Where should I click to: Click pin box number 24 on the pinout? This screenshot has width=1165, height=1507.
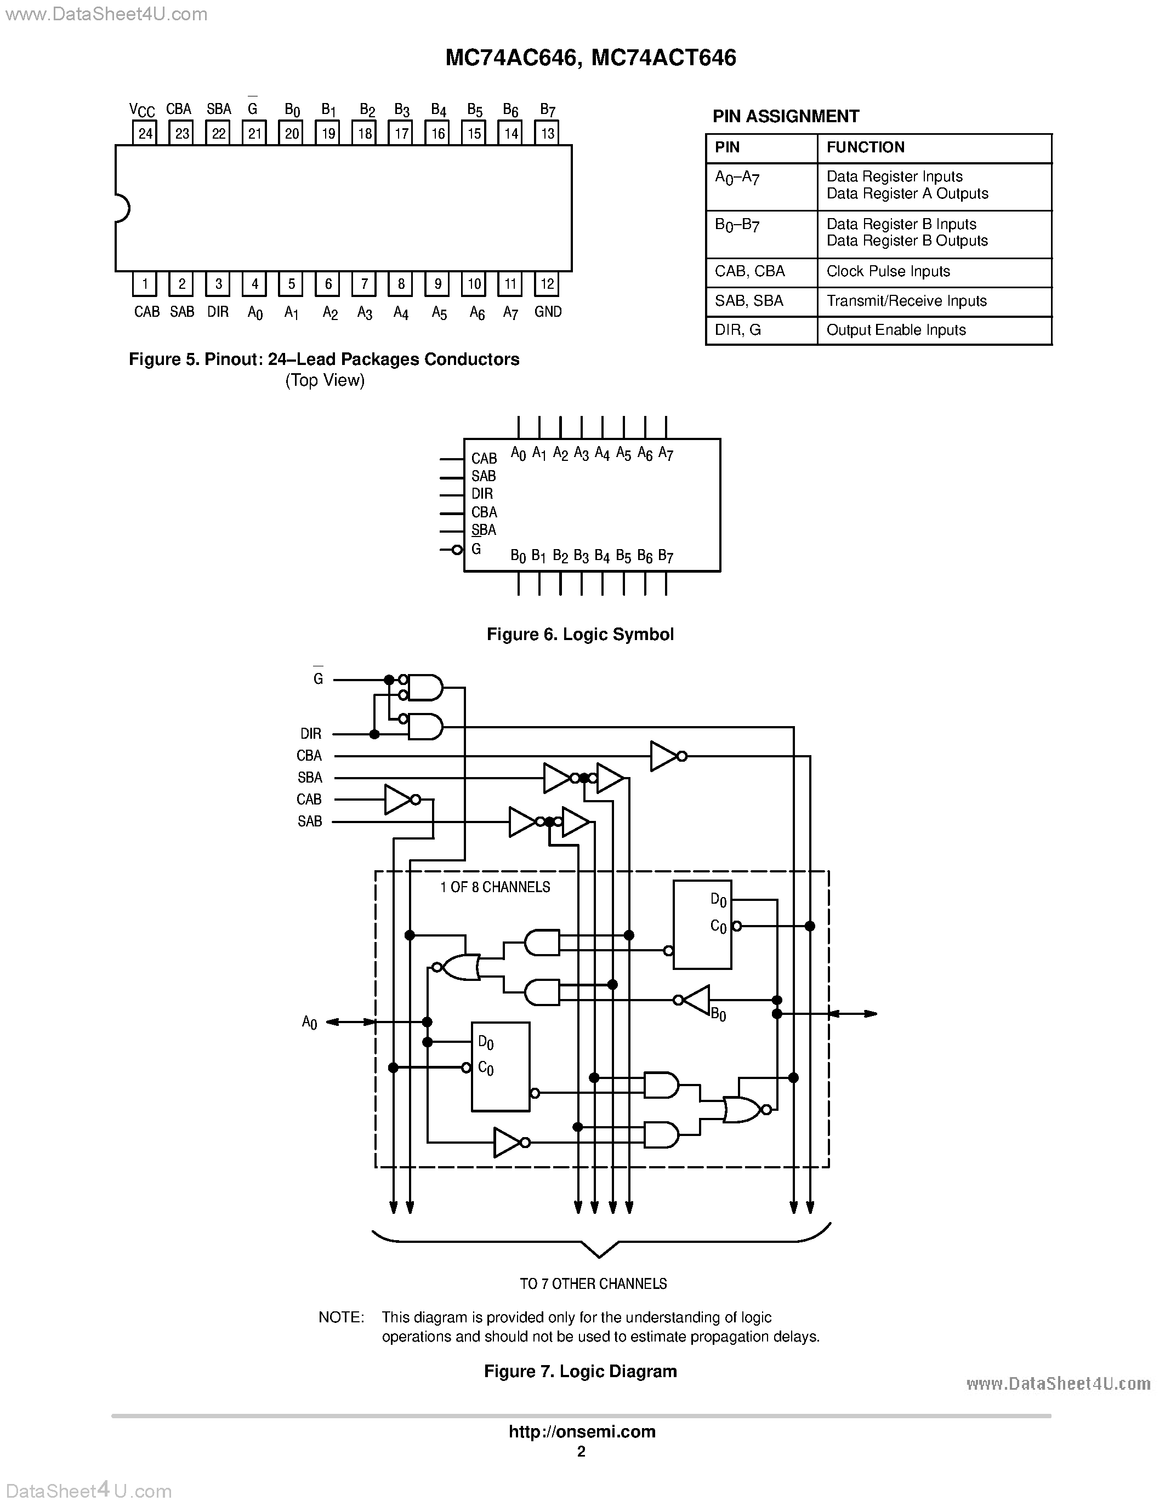(x=145, y=133)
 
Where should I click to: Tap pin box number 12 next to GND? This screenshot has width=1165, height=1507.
(x=547, y=284)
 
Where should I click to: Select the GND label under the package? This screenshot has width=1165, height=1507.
(x=548, y=312)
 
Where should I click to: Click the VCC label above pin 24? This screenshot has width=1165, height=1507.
(x=142, y=110)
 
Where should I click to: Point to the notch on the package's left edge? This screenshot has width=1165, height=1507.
(x=122, y=208)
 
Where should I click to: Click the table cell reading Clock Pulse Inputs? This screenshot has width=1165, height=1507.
(x=888, y=272)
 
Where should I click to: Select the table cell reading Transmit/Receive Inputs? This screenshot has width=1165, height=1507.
(x=906, y=301)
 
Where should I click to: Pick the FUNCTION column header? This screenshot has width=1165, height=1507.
(x=866, y=147)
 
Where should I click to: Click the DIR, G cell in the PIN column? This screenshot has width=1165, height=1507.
(x=738, y=330)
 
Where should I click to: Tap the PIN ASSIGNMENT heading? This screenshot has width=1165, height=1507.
(x=786, y=117)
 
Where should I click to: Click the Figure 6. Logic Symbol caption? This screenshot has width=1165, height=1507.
(x=579, y=634)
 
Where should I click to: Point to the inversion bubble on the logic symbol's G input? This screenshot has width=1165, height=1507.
(x=456, y=549)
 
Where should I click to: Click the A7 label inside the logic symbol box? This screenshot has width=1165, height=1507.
(x=666, y=454)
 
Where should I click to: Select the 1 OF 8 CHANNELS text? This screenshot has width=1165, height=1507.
(x=495, y=887)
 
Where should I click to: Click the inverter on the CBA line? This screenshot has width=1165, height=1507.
(x=664, y=756)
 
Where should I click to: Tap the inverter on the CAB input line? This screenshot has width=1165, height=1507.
(x=400, y=800)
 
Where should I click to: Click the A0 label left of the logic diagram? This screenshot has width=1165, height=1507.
(x=309, y=1023)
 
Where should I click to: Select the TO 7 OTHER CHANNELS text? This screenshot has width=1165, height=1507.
(x=593, y=1283)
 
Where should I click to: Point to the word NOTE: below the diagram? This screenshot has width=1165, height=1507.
(x=341, y=1317)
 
